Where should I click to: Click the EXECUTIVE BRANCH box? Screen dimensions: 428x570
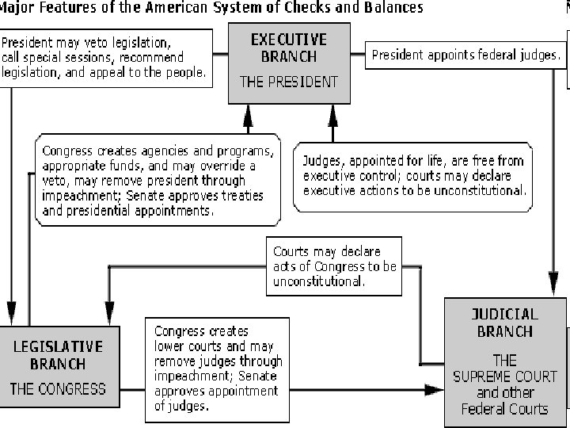click(289, 63)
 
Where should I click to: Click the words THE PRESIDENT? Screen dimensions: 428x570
click(289, 82)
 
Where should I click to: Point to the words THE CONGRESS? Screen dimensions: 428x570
click(57, 388)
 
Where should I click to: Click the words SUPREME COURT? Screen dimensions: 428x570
click(505, 376)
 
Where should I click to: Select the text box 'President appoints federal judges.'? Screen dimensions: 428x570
click(466, 55)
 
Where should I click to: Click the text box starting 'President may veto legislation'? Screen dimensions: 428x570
click(106, 56)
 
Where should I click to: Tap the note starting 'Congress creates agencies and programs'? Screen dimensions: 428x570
click(159, 181)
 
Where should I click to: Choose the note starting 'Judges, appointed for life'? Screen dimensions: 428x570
click(412, 176)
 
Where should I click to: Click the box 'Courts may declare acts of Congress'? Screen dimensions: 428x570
click(333, 266)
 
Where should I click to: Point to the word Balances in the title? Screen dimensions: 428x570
click(393, 8)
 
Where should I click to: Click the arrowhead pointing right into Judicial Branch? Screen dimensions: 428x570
click(434, 389)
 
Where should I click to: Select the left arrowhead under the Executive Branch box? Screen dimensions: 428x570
click(248, 117)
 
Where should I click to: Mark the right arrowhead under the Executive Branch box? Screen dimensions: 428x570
click(332, 117)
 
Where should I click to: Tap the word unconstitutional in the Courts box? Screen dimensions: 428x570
click(318, 281)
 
